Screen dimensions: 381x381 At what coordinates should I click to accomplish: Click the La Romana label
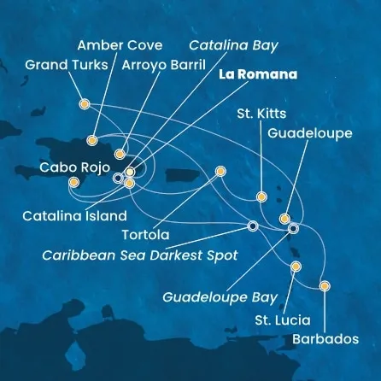tap(257, 74)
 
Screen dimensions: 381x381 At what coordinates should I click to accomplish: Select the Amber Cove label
tap(115, 45)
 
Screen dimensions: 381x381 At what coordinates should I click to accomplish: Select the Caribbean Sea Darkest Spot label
tap(141, 254)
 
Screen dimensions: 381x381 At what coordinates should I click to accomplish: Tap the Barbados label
tap(323, 338)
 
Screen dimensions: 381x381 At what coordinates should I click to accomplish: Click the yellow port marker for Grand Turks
tap(84, 104)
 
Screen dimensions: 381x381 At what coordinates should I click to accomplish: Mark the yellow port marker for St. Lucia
tap(296, 267)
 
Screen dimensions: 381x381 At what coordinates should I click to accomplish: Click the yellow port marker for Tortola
tap(221, 170)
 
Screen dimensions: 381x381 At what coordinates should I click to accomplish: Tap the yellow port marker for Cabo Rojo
tap(73, 182)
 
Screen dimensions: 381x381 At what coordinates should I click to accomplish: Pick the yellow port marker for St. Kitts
tap(261, 197)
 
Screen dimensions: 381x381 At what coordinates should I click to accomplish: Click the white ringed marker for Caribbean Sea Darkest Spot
tap(252, 226)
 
